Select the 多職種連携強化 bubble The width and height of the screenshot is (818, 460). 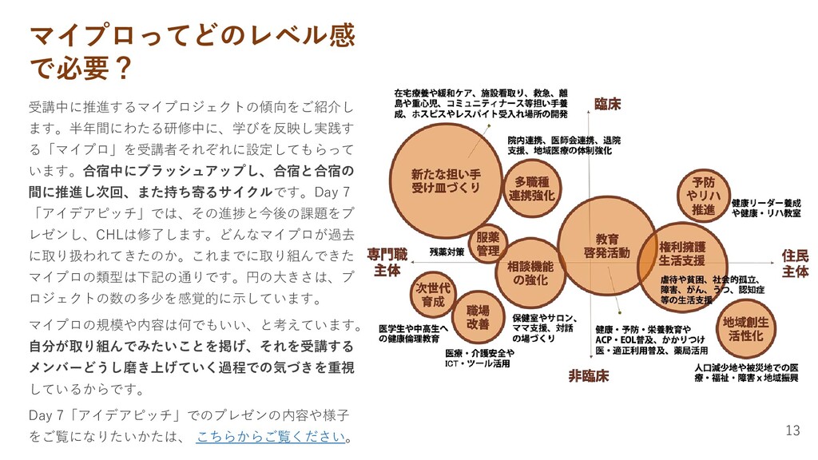pos(531,189)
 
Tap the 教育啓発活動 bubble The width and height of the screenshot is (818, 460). pos(607,245)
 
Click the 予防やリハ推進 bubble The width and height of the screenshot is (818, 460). pos(703,196)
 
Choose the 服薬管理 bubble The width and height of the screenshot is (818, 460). pos(487,244)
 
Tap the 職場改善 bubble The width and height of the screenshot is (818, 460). pos(478,317)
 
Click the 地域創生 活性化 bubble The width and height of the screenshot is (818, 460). pos(745,328)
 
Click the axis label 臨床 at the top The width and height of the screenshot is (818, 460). pos(607,105)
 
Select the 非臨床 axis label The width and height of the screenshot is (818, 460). pos(589,375)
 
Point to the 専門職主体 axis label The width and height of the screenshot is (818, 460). pos(387,263)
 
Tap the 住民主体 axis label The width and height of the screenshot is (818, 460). pos(795,263)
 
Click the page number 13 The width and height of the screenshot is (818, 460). pos(792,431)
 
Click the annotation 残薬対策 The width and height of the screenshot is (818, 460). pos(447,252)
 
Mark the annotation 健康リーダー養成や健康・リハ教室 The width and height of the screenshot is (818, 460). pos(766,208)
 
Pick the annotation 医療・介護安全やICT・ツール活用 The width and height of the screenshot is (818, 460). pos(477,359)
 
